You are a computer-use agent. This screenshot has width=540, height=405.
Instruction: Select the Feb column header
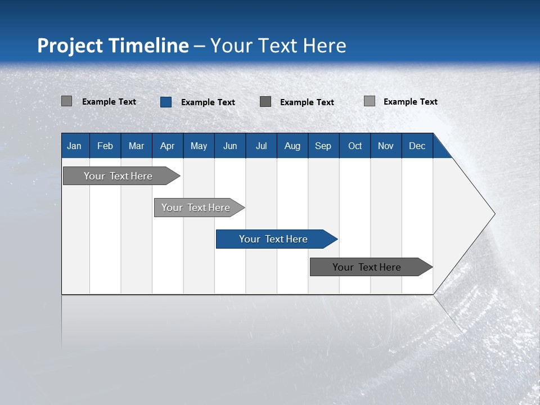[x=105, y=146]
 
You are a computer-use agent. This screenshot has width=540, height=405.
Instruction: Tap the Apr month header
[x=168, y=146]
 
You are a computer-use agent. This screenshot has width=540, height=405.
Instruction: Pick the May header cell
[x=199, y=146]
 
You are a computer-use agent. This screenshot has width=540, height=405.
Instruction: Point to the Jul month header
[x=262, y=146]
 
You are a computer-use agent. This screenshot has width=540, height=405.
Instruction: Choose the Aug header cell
[x=292, y=146]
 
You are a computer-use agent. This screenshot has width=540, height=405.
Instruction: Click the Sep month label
[x=323, y=146]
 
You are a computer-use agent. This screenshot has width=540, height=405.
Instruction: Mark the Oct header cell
[x=355, y=146]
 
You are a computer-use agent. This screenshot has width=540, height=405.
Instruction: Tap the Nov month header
[x=386, y=146]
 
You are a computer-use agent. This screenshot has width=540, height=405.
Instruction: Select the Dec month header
[x=417, y=146]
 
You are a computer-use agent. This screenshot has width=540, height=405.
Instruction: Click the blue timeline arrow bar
[x=277, y=239]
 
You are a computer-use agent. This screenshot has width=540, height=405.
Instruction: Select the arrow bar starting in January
[x=121, y=176]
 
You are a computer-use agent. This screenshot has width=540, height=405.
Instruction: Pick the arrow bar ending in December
[x=371, y=267]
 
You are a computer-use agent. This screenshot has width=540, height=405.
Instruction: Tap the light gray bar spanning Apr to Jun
[x=199, y=208]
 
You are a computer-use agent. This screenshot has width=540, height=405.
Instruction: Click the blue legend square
[x=166, y=102]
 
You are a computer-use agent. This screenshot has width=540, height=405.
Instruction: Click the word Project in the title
[x=70, y=46]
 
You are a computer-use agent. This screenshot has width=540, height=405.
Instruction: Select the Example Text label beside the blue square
[x=208, y=102]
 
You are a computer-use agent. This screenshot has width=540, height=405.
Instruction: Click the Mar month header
[x=136, y=146]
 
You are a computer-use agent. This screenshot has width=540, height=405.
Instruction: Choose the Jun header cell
[x=230, y=146]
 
